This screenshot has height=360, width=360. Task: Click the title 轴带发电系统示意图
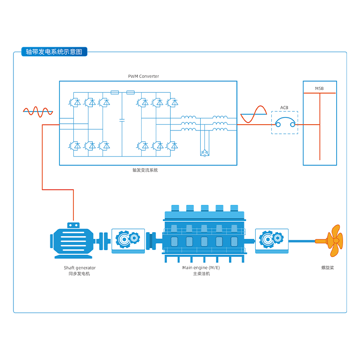[x=54, y=52]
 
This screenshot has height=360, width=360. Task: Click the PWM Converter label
[x=144, y=76]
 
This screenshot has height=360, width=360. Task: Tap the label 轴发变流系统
[x=145, y=170]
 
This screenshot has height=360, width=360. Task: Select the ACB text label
[x=284, y=108]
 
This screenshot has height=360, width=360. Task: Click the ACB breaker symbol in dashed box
[x=284, y=122]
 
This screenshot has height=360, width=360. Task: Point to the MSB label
[x=319, y=88]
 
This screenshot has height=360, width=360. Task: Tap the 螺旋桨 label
[x=327, y=268]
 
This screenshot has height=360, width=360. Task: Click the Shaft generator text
[x=80, y=268]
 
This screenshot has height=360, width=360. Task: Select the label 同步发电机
[x=79, y=274]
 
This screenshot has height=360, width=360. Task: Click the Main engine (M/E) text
[x=201, y=268]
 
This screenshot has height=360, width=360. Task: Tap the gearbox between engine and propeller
[x=271, y=240]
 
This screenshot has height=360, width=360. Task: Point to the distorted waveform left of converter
[x=38, y=112]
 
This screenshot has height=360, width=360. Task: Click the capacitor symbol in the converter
[x=121, y=121]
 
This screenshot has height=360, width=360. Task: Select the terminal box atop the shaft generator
[x=73, y=225]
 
